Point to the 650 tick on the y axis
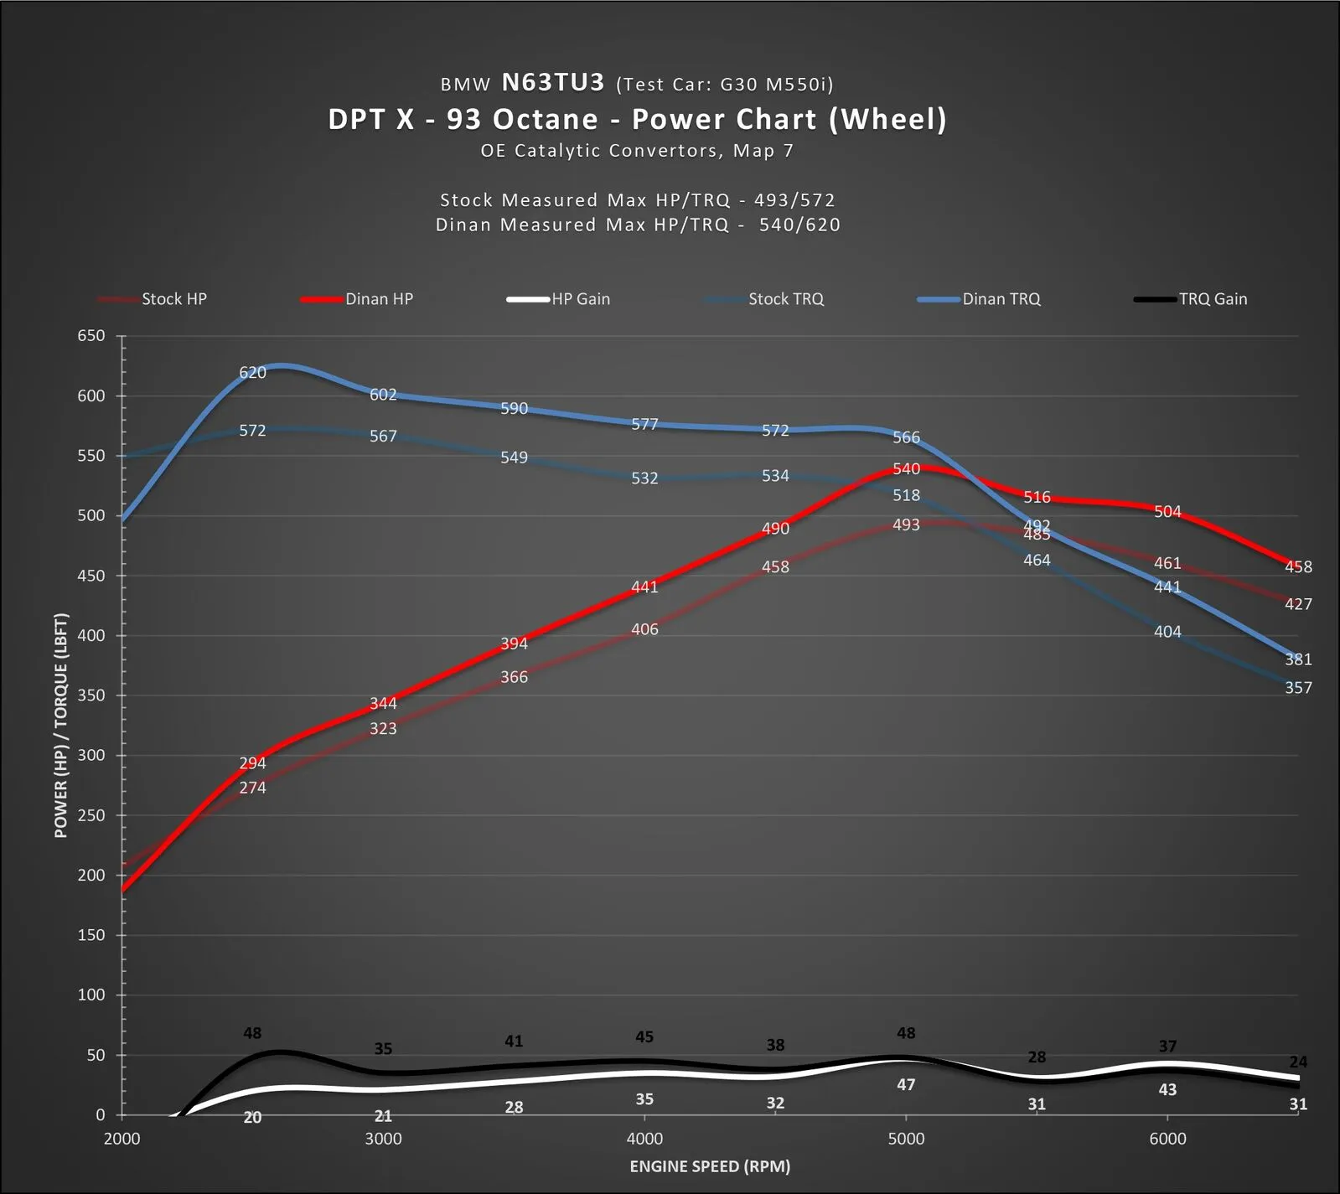click(x=91, y=336)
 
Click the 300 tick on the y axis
click(x=91, y=755)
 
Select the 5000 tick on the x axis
click(x=906, y=1139)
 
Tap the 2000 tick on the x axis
click(x=122, y=1139)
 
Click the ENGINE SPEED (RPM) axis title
click(x=710, y=1166)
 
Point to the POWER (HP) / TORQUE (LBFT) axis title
click(x=60, y=726)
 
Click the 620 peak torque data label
click(x=252, y=373)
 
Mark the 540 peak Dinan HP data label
click(x=906, y=469)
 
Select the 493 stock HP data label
click(x=906, y=525)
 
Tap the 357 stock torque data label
click(x=1298, y=688)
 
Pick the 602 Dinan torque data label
click(x=383, y=395)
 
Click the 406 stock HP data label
click(x=644, y=629)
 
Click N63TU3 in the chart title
click(x=552, y=82)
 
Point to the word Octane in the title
click(x=545, y=119)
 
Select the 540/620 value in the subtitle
click(x=799, y=225)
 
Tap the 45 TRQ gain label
click(x=644, y=1037)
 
